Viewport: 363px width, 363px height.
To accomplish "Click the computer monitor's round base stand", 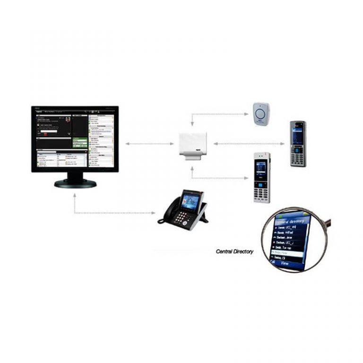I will [x=75, y=183].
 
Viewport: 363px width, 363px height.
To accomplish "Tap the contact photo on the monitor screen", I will [x=68, y=120].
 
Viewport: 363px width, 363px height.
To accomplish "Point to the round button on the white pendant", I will [x=261, y=113].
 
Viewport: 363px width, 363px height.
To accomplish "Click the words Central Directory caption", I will [x=234, y=251].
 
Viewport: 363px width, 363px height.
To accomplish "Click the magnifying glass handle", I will [x=327, y=222].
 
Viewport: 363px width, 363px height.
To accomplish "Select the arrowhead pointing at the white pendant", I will [x=249, y=114].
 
